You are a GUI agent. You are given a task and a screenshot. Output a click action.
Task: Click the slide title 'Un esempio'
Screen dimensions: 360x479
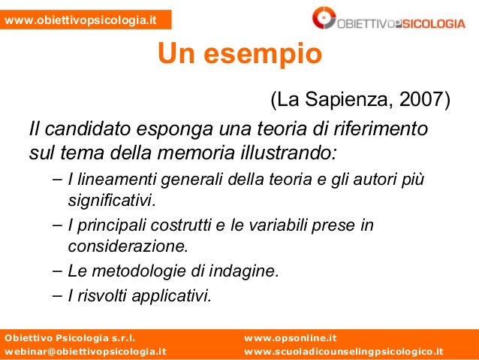[239, 54]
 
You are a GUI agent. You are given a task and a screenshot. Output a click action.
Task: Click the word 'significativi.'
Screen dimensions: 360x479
[112, 202]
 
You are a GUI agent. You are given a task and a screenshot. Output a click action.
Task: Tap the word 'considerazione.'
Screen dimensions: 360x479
[128, 247]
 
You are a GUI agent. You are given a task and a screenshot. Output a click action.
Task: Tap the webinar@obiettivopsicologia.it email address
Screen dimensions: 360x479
[85, 351]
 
